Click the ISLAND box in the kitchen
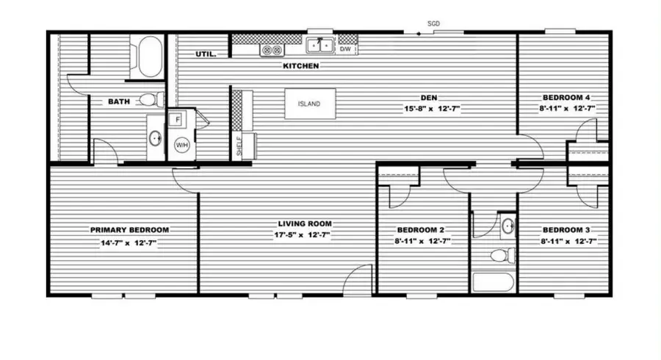pos(309,104)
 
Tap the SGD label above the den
pos(434,24)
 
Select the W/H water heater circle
pos(181,145)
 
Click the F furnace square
pos(177,118)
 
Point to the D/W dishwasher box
pos(347,49)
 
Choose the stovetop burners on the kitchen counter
pos(272,50)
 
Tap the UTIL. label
pos(205,54)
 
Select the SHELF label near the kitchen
pos(239,145)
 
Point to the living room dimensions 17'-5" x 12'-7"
pos(305,236)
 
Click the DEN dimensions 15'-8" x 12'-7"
pos(430,109)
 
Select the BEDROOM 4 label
pos(566,98)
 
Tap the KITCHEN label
pos(301,66)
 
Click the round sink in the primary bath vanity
pos(156,137)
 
